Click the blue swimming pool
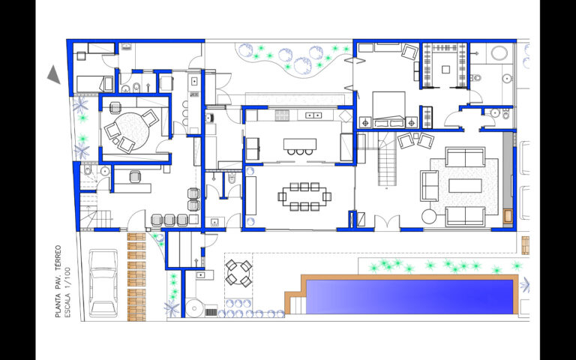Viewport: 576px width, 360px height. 409,297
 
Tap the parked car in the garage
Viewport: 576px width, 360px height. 103,283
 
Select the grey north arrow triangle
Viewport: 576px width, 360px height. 54,74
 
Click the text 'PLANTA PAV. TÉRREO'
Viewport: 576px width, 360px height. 58,281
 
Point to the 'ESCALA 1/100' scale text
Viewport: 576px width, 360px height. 67,292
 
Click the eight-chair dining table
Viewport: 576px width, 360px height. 304,196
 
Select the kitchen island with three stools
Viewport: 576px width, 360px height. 300,145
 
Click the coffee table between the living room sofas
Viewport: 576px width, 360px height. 465,186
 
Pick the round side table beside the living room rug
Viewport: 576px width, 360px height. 429,216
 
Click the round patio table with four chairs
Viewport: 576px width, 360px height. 238,273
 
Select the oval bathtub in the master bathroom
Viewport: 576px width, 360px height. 499,53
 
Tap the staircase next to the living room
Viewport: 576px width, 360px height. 388,159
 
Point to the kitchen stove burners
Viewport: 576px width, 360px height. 283,115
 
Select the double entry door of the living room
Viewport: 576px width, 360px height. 387,223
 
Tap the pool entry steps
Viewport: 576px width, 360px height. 298,305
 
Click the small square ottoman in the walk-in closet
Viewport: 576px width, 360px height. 445,69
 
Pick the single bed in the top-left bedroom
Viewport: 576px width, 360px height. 94,84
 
